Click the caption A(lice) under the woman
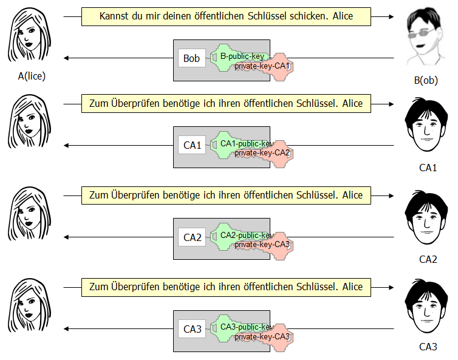[x=32, y=76]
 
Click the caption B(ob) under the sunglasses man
[x=425, y=80]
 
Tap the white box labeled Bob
[x=191, y=58]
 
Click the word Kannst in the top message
[x=114, y=16]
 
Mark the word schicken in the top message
[x=309, y=16]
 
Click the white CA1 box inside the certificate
[x=192, y=146]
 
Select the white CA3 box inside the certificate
[x=192, y=330]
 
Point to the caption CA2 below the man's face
[x=428, y=259]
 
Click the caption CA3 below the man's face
[x=428, y=347]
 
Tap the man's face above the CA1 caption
[x=425, y=127]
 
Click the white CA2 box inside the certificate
[x=192, y=237]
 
